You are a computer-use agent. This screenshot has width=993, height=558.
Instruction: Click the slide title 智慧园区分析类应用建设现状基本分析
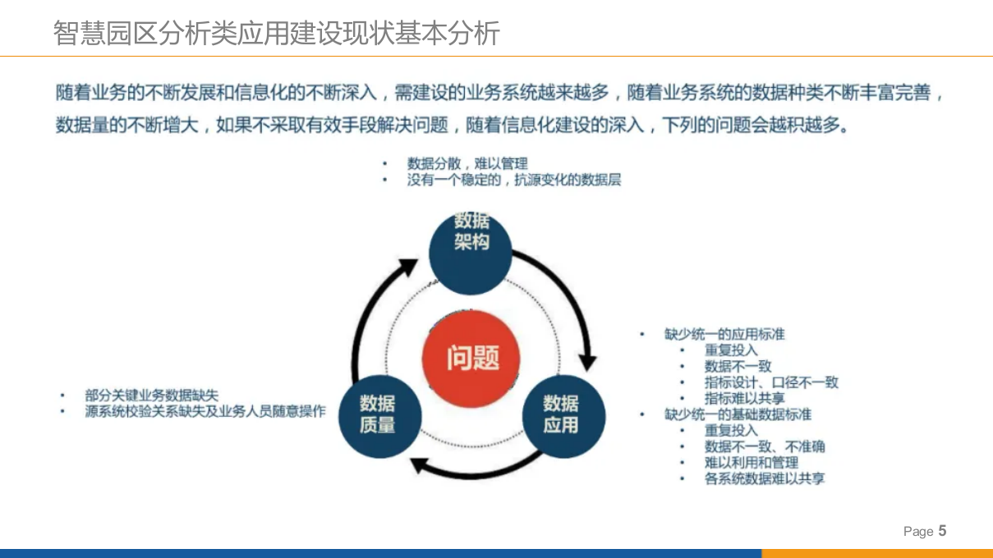click(x=276, y=34)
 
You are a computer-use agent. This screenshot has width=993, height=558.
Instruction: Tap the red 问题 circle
click(x=472, y=359)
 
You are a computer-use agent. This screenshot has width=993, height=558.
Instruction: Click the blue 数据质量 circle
click(x=378, y=415)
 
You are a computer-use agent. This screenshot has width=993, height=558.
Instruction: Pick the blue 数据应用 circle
click(x=562, y=415)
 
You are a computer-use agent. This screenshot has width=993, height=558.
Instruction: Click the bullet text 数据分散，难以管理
click(x=467, y=164)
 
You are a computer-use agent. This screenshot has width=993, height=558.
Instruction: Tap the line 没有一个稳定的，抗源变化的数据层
click(x=514, y=180)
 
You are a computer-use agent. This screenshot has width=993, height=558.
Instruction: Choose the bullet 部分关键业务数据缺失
click(x=152, y=396)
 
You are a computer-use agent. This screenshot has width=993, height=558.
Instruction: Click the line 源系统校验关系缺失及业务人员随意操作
click(x=205, y=411)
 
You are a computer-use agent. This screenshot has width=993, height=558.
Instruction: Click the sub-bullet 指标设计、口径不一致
click(x=771, y=382)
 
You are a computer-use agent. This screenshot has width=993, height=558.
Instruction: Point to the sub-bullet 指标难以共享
click(x=744, y=398)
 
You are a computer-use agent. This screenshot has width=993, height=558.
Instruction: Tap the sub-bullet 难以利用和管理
click(x=751, y=463)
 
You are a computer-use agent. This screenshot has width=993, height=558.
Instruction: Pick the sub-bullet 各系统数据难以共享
click(x=764, y=478)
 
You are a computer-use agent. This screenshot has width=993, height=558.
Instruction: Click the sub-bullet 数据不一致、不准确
click(x=764, y=446)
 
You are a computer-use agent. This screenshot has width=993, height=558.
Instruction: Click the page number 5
click(x=942, y=531)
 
